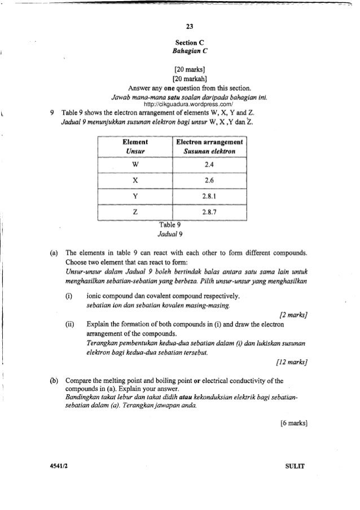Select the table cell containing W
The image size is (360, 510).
click(133, 165)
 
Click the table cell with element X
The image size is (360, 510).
click(133, 181)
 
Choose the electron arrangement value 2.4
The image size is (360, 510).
click(209, 165)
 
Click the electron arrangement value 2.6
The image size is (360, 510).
click(209, 181)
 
